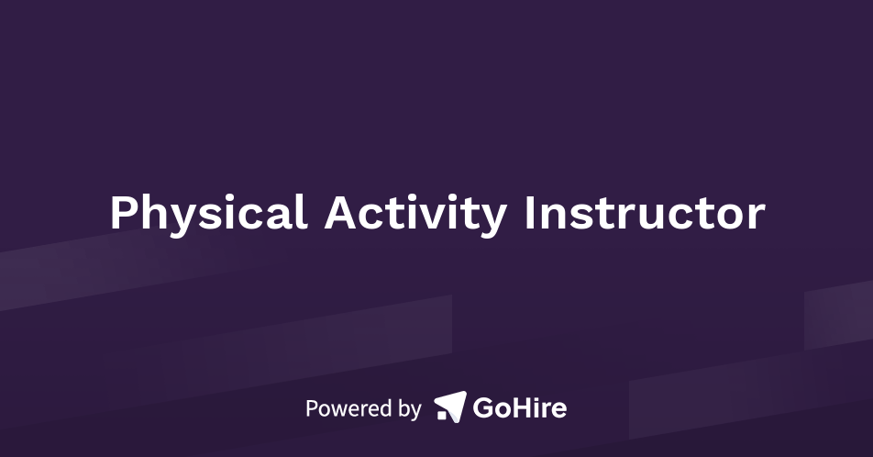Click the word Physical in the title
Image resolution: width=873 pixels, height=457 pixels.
click(208, 214)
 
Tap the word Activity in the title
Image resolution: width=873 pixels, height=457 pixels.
click(414, 214)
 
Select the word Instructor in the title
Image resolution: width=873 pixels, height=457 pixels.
click(645, 214)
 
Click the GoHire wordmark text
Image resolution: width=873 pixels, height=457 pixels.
click(519, 407)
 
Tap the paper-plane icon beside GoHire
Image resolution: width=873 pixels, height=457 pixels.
click(450, 406)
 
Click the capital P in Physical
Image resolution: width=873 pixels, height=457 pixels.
click(122, 214)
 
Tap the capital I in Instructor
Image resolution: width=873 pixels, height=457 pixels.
click(529, 214)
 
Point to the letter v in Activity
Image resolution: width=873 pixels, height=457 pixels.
click(436, 217)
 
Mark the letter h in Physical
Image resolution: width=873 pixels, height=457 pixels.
click(151, 213)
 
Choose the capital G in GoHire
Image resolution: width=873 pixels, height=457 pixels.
click(483, 407)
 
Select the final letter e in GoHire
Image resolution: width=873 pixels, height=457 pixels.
click(558, 410)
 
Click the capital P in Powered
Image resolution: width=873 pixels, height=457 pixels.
click(311, 408)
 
